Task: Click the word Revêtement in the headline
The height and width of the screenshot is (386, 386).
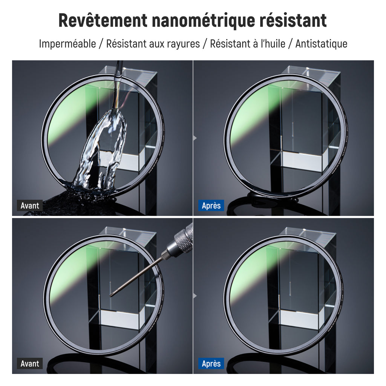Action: pos(103,20)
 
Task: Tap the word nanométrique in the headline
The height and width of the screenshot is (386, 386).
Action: pos(204,21)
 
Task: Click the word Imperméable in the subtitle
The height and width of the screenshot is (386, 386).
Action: pos(67,44)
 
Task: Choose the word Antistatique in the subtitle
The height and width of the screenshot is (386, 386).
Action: pos(321,44)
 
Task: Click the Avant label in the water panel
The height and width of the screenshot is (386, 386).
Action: pos(30,205)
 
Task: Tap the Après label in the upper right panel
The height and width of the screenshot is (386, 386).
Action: pos(211,205)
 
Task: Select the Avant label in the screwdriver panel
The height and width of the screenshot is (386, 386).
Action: pos(30,363)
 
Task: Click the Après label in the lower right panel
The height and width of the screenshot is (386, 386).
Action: pos(211,363)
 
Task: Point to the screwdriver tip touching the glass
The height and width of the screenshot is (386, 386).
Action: pos(111,295)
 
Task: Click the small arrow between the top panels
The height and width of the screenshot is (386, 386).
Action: pos(195,138)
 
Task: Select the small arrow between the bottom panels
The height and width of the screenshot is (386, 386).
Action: pos(195,296)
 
